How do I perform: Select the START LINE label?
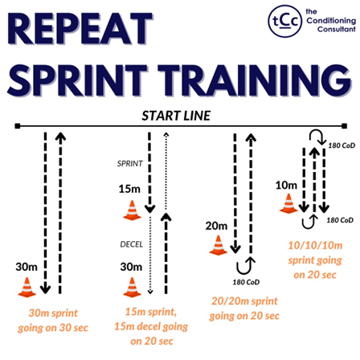click(176, 115)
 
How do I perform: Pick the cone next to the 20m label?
click(216, 244)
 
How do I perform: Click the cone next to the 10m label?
click(287, 203)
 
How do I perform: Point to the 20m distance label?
click(216, 225)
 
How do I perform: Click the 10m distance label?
click(285, 185)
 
